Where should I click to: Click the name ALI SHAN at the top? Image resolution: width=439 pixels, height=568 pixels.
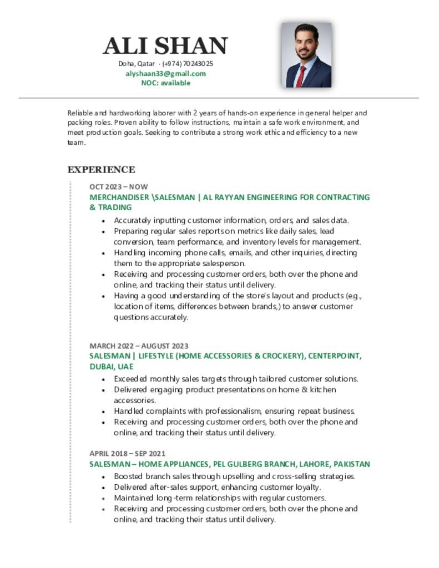(x=165, y=46)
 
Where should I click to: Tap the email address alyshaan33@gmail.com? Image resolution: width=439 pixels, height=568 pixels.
(x=165, y=73)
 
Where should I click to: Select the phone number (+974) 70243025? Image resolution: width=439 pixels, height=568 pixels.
(x=188, y=64)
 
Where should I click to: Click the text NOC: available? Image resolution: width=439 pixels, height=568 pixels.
(x=165, y=83)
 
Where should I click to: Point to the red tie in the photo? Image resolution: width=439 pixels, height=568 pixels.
(x=301, y=76)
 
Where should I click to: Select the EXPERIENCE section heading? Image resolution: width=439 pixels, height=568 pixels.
(x=101, y=170)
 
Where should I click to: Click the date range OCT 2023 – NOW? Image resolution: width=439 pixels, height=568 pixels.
(x=119, y=186)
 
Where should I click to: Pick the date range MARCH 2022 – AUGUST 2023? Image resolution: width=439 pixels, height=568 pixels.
(x=139, y=346)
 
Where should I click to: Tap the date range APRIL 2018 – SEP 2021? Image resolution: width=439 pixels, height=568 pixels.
(x=127, y=453)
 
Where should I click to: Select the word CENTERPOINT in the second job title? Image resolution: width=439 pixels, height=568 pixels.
(x=336, y=356)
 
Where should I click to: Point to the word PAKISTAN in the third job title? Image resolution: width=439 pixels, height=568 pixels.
(x=350, y=464)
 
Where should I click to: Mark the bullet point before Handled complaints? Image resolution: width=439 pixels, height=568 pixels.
(x=104, y=412)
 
